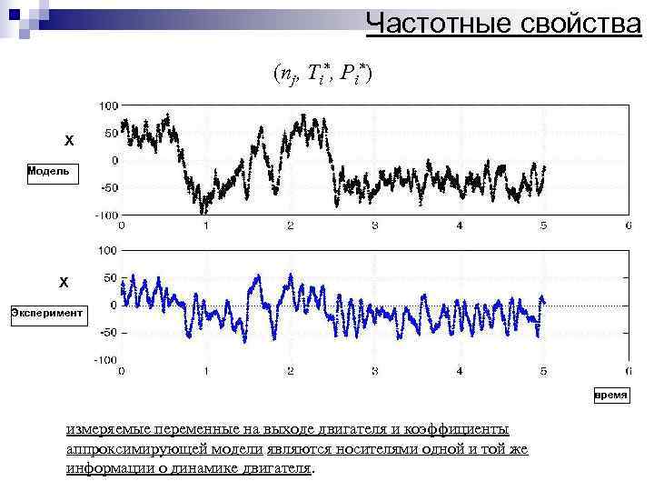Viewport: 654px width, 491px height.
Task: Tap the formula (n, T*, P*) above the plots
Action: pos(320,74)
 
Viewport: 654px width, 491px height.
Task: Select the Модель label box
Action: pos(53,172)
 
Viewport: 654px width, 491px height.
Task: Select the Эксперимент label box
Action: pos(46,313)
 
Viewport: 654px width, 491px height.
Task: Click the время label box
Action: pos(610,396)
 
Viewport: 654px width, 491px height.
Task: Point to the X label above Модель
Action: pos(68,142)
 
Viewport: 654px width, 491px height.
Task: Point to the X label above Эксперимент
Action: pos(64,283)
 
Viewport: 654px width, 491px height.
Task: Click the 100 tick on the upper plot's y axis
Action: pos(108,106)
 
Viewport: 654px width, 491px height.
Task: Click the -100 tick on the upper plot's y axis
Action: pos(106,215)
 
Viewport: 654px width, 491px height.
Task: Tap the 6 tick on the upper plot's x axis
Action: pos(629,225)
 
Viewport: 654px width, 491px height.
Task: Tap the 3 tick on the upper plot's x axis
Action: pos(375,225)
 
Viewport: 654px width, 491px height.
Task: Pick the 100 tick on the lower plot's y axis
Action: pos(108,250)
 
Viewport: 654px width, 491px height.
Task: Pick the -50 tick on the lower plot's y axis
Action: pos(107,333)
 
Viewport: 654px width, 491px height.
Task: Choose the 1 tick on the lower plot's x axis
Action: pos(206,371)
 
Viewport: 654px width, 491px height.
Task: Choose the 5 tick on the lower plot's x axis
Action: pos(544,371)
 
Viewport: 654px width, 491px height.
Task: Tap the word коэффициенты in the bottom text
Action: pos(464,429)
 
